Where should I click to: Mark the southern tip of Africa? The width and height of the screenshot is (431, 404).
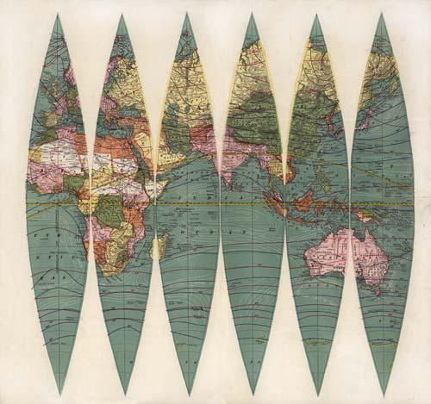[x=108, y=271]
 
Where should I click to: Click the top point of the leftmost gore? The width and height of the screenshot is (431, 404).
[x=58, y=14]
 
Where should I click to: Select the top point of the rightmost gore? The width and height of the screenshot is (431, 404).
[x=379, y=14]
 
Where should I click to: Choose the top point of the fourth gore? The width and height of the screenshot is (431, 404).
[x=251, y=14]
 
